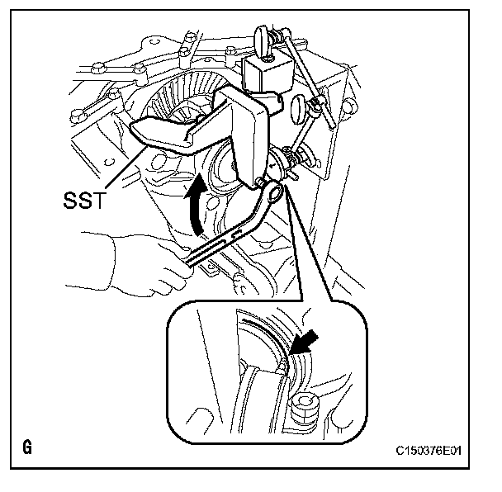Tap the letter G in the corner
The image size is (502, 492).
27,449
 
